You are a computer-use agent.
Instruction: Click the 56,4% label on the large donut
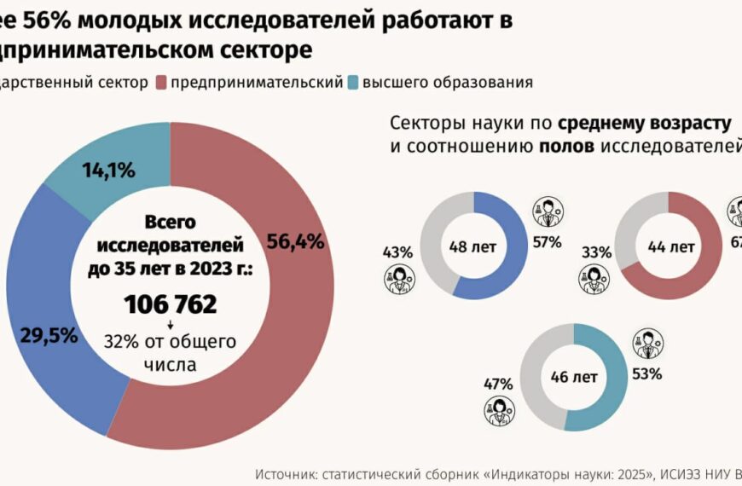coord(295,241)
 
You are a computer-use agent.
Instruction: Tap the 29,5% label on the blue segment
coord(50,335)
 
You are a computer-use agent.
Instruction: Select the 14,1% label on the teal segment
coord(108,171)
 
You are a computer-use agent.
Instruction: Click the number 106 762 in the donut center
coord(170,304)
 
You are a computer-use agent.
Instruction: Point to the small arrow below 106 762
coord(170,325)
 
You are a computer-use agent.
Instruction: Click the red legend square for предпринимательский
coord(160,83)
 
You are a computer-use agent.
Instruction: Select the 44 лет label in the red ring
coord(670,247)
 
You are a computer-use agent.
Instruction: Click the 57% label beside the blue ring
coord(547,242)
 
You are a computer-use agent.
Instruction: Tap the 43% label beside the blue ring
coord(398,252)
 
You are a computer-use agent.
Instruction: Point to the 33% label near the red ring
coord(597,252)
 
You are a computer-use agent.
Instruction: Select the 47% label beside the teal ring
coord(498,384)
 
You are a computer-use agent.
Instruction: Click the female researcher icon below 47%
coord(499,410)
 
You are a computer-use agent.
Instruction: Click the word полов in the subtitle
coord(567,146)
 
